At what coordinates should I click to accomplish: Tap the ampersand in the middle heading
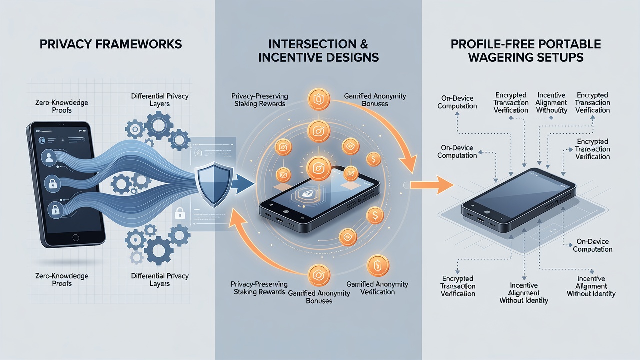363,44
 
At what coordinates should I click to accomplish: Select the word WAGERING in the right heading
499,57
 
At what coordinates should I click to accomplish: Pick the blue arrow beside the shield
243,184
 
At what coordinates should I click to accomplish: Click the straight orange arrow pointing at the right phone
432,185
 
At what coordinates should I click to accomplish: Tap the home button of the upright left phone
75,237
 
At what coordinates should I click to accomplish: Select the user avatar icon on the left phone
49,157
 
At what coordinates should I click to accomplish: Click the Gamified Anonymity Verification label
377,288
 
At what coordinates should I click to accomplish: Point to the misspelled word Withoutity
551,110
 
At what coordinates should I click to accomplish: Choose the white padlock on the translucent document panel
179,213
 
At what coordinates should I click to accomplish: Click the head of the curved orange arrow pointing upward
237,219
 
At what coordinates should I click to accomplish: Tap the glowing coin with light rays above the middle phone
318,168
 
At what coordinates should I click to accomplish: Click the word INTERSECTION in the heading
312,44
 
